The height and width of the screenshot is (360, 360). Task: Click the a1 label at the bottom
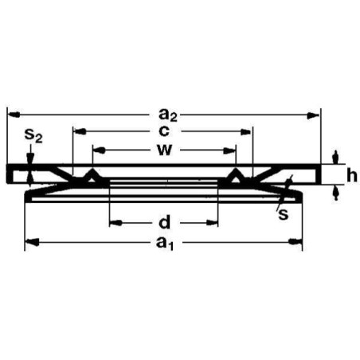(164, 242)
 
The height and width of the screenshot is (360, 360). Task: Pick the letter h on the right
(350, 176)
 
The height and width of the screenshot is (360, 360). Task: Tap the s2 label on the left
(33, 136)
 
